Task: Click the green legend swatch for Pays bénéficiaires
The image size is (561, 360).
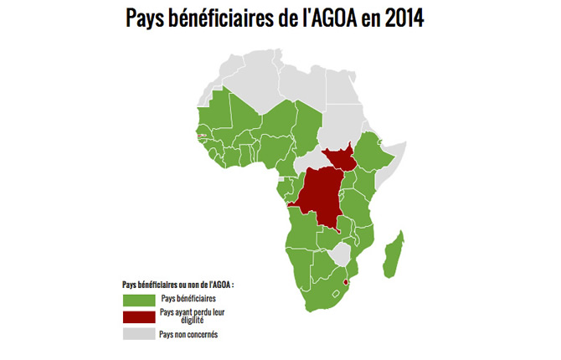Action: tap(138, 299)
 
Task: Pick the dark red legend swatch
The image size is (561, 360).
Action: tap(138, 316)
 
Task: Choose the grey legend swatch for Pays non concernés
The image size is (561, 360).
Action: tap(138, 334)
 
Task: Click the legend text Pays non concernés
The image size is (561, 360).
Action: tap(188, 334)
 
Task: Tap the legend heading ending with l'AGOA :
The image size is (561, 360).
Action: tap(178, 284)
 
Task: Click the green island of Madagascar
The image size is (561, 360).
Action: tap(390, 255)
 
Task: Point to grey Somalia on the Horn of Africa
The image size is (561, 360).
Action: tap(394, 167)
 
